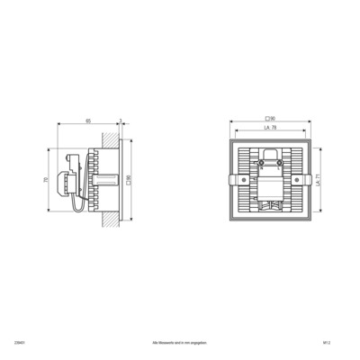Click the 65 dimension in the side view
point(88,121)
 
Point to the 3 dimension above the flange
point(120,121)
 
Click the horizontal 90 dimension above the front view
point(269,119)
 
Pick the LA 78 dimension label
point(269,129)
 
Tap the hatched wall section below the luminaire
point(111,220)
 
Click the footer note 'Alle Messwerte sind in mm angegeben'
point(180,344)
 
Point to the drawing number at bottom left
point(45,344)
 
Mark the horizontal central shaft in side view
point(106,180)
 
